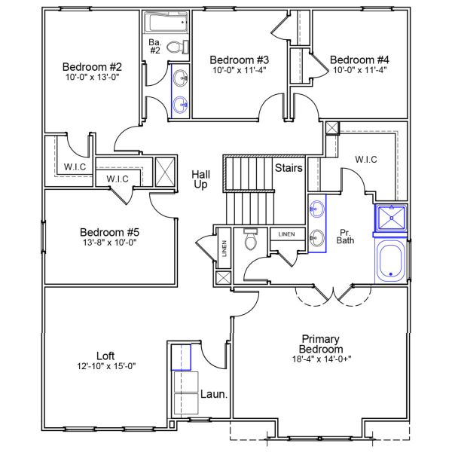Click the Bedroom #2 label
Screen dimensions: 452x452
coord(92,66)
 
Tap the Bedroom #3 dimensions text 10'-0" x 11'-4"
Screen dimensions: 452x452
coord(240,70)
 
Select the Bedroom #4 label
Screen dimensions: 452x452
coord(359,60)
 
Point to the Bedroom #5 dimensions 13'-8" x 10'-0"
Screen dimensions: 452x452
coord(110,243)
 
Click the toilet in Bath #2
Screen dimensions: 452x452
coord(176,47)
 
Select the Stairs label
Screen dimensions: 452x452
coord(289,168)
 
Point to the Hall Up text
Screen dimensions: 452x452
coord(200,179)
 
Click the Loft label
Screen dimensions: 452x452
coord(105,356)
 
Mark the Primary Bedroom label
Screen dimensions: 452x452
coord(322,344)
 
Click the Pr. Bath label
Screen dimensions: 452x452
coord(346,237)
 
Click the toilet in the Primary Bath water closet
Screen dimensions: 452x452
coord(251,239)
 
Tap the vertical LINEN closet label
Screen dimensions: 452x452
coord(224,249)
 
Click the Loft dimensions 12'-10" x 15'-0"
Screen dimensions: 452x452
coord(105,366)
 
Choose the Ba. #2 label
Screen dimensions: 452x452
coord(155,46)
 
